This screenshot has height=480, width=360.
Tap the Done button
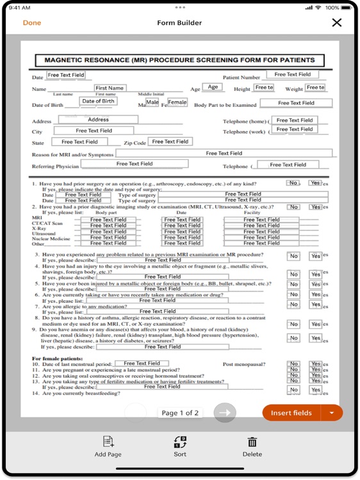click(x=32, y=23)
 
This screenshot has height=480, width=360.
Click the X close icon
click(x=337, y=23)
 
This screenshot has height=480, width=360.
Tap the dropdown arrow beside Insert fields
click(x=332, y=413)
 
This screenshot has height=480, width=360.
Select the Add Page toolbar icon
click(x=108, y=446)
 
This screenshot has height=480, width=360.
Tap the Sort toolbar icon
click(x=180, y=446)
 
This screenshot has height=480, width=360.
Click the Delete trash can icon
click(x=252, y=446)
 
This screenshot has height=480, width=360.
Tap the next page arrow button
click(x=224, y=413)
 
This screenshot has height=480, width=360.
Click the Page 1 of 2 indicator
click(x=180, y=413)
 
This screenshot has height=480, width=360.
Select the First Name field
click(x=110, y=88)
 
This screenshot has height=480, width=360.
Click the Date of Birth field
click(x=98, y=101)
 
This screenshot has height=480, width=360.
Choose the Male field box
click(x=152, y=102)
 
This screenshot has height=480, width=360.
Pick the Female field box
click(x=177, y=102)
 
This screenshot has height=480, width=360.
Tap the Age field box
click(x=213, y=87)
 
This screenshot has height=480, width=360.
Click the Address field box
click(x=98, y=120)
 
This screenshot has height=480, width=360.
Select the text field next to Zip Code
click(x=170, y=141)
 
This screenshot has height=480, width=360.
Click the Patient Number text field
click(x=293, y=75)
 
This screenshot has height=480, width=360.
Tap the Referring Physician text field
click(x=134, y=164)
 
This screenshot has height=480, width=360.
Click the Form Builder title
click(x=179, y=23)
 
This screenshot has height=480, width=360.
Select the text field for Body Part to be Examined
click(x=296, y=103)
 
